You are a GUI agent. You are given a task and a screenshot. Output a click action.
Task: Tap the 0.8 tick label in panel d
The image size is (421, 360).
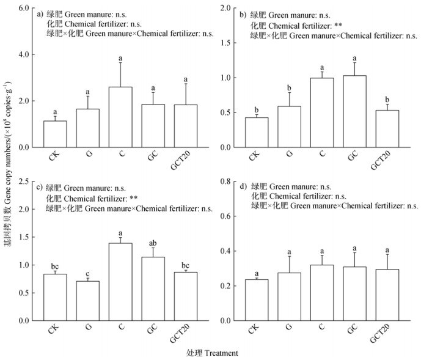point(228,182)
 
